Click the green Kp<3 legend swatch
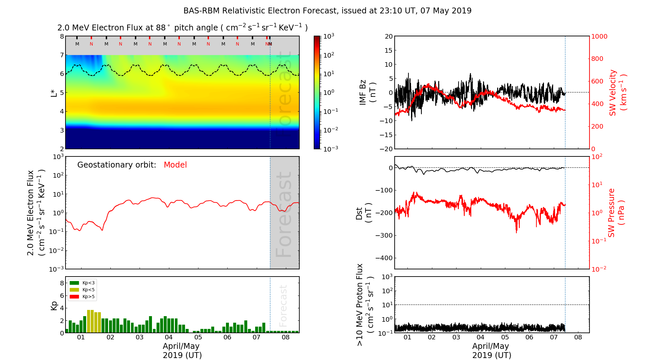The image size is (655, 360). pos(74,283)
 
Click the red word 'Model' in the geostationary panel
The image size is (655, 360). pos(175,165)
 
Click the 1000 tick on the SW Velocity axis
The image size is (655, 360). pos(599,36)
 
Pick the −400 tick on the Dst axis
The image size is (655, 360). pos(384,258)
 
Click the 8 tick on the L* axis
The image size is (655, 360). pos(62,36)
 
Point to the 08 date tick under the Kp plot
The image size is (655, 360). pos(286,337)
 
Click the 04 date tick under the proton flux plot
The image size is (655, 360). pos(480,337)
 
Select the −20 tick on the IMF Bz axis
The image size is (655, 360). pos(386,149)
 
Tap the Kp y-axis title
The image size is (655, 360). pos(54,305)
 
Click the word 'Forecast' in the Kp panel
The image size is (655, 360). pos(283,306)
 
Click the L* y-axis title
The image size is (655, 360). pos(54,93)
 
